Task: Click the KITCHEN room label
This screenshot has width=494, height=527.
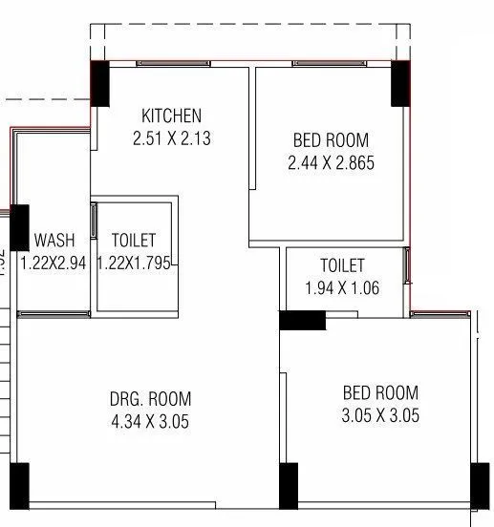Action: (171, 116)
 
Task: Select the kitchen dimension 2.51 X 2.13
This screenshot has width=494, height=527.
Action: (171, 138)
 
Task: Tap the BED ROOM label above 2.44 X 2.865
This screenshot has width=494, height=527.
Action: (331, 141)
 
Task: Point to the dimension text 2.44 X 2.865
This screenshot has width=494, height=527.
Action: (331, 163)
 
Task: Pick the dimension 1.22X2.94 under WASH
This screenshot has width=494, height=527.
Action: (54, 263)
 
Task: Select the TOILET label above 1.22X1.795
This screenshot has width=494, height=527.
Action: (134, 241)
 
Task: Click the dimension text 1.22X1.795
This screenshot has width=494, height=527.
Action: (134, 263)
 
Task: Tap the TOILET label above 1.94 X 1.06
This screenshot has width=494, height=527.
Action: (342, 265)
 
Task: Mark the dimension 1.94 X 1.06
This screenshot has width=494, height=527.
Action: (342, 287)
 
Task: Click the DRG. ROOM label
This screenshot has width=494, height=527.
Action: (150, 399)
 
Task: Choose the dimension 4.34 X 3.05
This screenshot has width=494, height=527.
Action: (150, 421)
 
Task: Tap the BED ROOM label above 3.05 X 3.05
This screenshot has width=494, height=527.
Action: (380, 393)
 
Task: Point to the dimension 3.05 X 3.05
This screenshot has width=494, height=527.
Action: (380, 415)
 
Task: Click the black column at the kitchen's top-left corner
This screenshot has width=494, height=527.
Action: (99, 83)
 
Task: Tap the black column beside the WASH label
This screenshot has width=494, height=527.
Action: (19, 227)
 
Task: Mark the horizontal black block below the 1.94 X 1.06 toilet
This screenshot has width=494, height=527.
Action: (302, 321)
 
